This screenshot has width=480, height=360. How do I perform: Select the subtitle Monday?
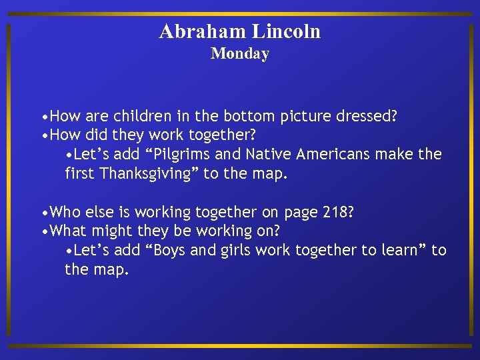pyautogui.click(x=239, y=54)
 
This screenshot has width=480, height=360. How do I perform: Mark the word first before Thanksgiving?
pyautogui.click(x=80, y=173)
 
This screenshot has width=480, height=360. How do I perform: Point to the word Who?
pyautogui.click(x=64, y=212)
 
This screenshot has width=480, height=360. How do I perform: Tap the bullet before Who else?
pyautogui.click(x=43, y=213)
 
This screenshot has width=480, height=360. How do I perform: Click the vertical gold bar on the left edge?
pyautogui.click(x=9, y=180)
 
